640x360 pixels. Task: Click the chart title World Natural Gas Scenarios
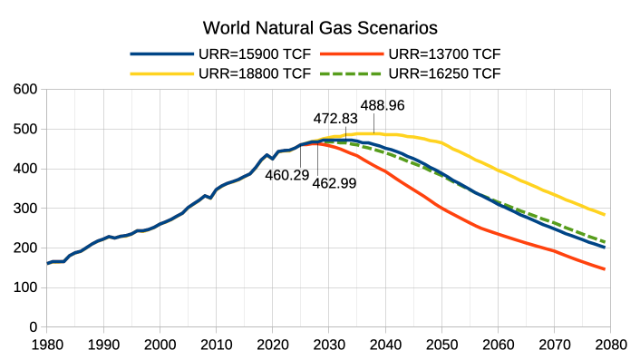[x=320, y=28]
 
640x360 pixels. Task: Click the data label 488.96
[x=383, y=105]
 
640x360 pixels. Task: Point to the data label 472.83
[x=335, y=119]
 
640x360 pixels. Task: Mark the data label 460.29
[x=287, y=175]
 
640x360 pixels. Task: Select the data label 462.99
[x=335, y=183]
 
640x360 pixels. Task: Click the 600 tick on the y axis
[x=25, y=89]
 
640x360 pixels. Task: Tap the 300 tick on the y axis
[x=25, y=209]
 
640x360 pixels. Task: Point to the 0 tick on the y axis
[x=33, y=327]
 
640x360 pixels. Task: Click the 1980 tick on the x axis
[x=47, y=345]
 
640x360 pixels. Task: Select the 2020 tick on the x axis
[x=273, y=345]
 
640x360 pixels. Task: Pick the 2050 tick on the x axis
[x=442, y=345]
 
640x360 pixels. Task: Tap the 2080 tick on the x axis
[x=611, y=345]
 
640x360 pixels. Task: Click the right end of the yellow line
[x=605, y=214]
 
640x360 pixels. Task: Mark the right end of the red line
[x=605, y=269]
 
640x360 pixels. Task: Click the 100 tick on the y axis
[x=25, y=287]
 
